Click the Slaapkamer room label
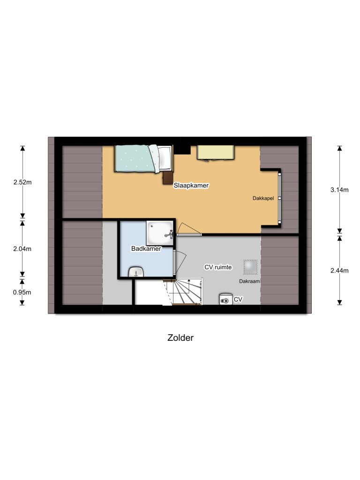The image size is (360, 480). click(191, 186)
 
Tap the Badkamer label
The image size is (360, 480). click(146, 249)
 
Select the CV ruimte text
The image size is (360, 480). click(218, 267)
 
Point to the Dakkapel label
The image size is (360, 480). click(263, 198)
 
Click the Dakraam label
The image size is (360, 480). click(249, 282)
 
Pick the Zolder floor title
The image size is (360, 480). click(180, 337)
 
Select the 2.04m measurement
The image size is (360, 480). click(22, 249)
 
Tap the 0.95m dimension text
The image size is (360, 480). click(22, 292)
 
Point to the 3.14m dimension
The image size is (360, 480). click(339, 190)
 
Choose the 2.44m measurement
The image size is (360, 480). click(339, 270)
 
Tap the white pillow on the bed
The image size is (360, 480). click(165, 158)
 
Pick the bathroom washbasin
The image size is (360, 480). click(136, 271)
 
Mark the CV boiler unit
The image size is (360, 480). click(225, 299)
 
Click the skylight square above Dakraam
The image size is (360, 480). click(250, 266)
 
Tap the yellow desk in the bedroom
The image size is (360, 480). click(216, 152)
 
